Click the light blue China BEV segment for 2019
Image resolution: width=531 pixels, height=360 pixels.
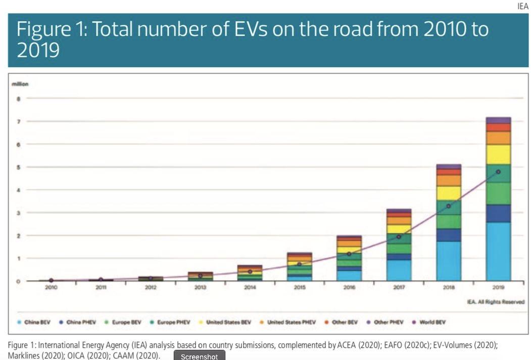[x=498, y=251]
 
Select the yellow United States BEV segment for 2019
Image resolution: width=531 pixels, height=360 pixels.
[x=498, y=155]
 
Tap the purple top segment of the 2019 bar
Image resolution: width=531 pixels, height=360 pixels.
[x=498, y=120]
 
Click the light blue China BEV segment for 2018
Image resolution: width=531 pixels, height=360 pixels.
[x=449, y=261]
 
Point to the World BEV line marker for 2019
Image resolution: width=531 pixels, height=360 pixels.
[x=498, y=172]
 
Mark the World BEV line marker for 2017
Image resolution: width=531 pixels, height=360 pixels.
[x=399, y=237]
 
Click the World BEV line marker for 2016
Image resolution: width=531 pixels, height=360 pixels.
[x=349, y=254]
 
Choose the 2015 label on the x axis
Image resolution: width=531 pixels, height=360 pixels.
[x=299, y=287]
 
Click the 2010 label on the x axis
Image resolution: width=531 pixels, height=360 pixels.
[x=51, y=287]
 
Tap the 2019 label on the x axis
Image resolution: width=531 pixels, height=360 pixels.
[x=498, y=287]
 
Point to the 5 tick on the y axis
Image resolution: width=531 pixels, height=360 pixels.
[x=19, y=167]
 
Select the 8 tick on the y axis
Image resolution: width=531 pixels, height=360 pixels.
[x=19, y=99]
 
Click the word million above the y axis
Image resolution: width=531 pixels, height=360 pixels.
[x=20, y=84]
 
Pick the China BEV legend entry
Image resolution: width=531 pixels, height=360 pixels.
[x=36, y=322]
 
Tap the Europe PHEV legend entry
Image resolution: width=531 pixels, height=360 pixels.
[x=172, y=322]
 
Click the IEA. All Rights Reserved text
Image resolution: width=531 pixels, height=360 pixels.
[x=496, y=302]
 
